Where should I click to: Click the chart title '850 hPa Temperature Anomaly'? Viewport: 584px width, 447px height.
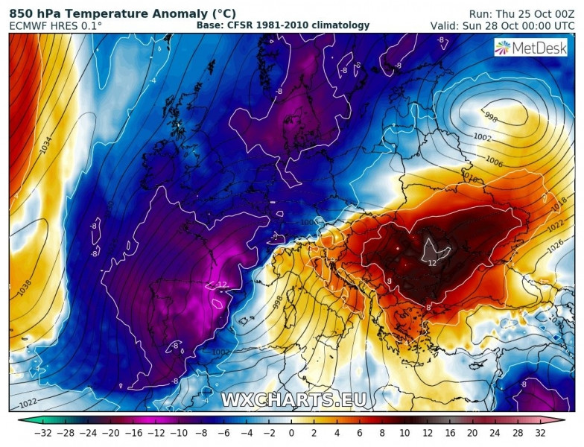click(x=122, y=13)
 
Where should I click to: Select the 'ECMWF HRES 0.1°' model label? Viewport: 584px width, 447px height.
click(x=56, y=25)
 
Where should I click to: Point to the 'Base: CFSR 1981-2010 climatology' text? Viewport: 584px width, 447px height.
click(x=283, y=25)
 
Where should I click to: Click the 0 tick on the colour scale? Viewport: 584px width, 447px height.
click(x=292, y=433)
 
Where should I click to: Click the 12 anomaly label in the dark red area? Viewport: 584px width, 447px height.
click(x=433, y=261)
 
